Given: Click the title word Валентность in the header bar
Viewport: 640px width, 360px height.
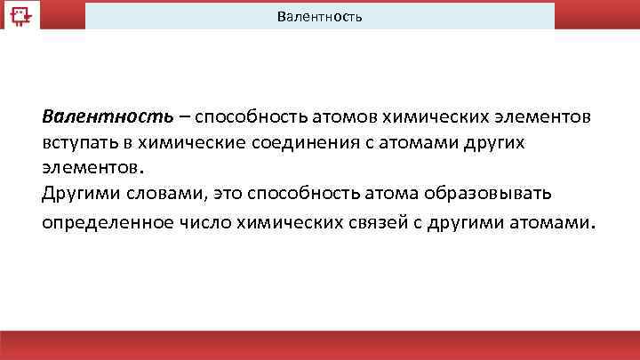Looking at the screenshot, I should (x=319, y=17).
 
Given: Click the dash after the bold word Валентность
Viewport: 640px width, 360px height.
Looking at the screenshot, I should (x=182, y=117).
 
